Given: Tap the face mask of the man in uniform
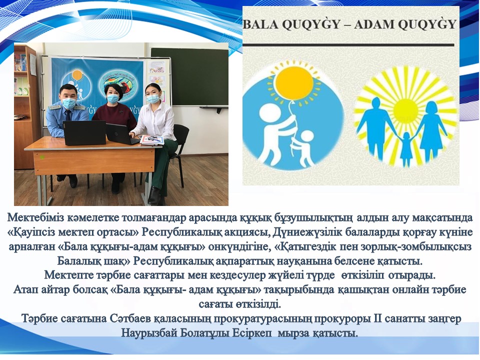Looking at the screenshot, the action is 68,103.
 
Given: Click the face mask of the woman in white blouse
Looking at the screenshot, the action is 152,98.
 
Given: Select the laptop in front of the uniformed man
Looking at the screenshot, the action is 84,132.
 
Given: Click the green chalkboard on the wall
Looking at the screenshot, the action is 189,76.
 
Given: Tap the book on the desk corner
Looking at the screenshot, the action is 152,140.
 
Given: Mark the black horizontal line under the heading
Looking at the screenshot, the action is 348,44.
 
